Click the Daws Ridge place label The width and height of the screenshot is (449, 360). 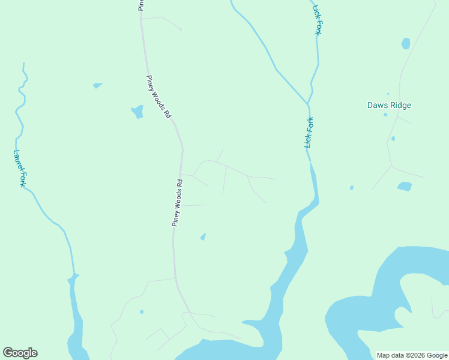click(389, 106)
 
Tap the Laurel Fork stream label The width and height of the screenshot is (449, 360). click(19, 169)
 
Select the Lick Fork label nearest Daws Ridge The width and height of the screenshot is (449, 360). click(309, 132)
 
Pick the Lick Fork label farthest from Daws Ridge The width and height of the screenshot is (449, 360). click(316, 20)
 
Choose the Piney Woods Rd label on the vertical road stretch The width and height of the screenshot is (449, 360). click(177, 202)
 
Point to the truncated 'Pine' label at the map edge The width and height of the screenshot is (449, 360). click(140, 5)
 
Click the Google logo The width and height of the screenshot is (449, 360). click(20, 353)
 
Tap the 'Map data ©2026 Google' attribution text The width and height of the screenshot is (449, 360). click(412, 355)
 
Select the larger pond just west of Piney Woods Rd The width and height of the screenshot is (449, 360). click(137, 112)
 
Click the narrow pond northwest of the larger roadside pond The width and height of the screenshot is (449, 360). click(97, 86)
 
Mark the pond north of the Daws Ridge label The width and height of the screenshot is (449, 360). click(406, 44)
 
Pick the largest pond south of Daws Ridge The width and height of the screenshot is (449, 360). click(405, 186)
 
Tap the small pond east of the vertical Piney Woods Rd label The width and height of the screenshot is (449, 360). click(203, 237)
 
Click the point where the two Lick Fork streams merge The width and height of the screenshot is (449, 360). click(308, 104)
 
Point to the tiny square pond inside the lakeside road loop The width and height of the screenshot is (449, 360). click(142, 312)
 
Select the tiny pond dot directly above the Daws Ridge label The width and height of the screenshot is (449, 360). click(388, 94)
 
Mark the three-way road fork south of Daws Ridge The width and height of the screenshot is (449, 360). click(391, 166)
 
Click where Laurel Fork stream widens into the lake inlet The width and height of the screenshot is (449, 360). click(73, 277)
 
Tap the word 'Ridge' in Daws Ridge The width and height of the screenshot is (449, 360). click(399, 106)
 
